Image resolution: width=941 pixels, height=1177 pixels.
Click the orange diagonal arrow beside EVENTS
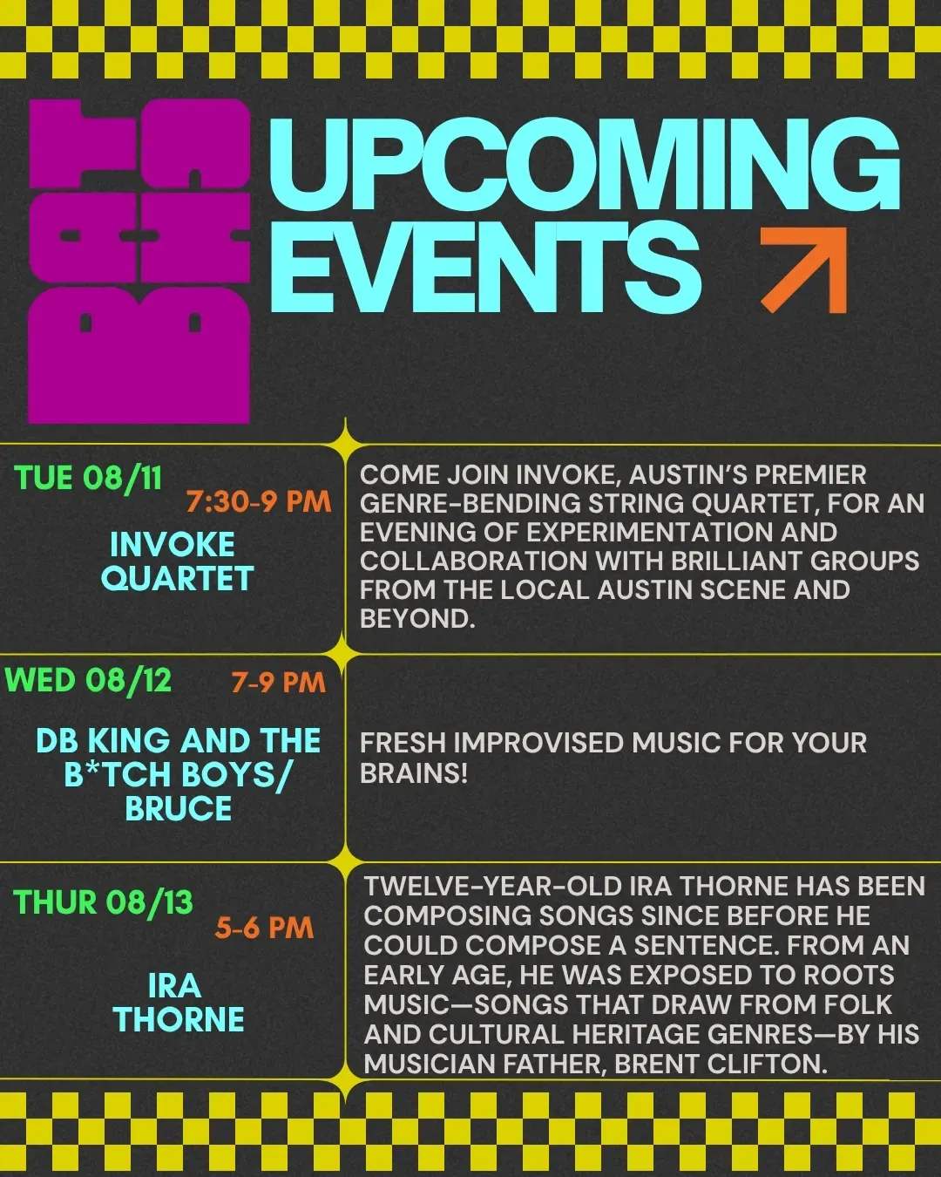(803, 270)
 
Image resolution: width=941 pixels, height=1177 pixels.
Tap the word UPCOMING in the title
(585, 164)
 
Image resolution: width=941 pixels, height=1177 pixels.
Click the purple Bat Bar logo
(139, 261)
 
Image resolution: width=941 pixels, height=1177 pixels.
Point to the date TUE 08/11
(88, 478)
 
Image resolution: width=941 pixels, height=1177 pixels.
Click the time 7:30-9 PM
(259, 501)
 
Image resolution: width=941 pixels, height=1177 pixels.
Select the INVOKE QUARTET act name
(177, 561)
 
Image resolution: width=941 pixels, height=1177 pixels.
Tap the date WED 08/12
(88, 681)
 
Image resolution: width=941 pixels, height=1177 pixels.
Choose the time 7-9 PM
(278, 682)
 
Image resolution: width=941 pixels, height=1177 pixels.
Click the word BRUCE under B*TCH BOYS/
(179, 808)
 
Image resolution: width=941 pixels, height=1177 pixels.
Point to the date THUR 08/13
(104, 902)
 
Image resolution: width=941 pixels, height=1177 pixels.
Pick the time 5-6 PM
(265, 928)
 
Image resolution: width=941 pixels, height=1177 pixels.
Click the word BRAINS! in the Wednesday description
(414, 772)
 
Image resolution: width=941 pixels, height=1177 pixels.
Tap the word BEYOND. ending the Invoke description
(417, 619)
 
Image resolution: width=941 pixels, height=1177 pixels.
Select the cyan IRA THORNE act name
(179, 1004)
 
